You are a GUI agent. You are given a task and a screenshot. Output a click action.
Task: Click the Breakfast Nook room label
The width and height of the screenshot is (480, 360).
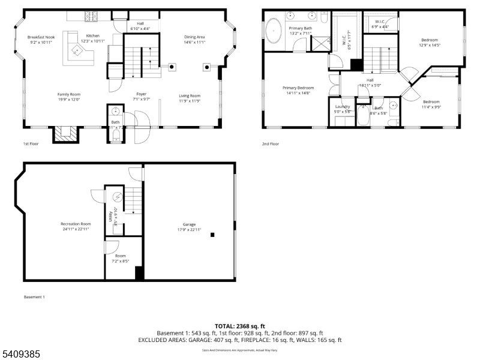coord(41,37)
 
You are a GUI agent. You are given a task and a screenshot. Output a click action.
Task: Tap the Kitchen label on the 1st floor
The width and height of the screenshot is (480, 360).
coord(92,36)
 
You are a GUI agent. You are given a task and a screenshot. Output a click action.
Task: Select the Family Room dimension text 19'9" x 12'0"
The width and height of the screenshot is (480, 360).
coord(68,100)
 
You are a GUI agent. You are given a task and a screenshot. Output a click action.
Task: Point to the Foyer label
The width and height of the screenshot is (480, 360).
coord(141,94)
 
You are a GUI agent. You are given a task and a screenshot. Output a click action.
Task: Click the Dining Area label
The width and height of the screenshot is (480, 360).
coord(194,37)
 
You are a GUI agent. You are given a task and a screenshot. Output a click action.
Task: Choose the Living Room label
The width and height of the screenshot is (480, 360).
coord(190,95)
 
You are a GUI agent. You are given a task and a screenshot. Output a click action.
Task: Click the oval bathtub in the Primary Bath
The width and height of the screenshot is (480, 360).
coord(274,29)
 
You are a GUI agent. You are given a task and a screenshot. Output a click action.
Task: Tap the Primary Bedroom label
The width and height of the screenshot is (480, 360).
coord(298,88)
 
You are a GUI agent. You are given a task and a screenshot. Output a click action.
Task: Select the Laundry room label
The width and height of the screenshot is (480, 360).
coord(342,106)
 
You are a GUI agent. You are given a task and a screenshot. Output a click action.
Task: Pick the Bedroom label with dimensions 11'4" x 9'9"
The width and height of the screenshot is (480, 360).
coord(431,101)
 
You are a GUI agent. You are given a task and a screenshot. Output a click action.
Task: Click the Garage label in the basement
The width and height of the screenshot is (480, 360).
coord(188,224)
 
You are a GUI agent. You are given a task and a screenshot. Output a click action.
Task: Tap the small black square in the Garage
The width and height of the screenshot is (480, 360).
coord(212,235)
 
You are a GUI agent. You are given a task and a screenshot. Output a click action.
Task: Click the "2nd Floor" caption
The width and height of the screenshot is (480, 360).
coord(271,144)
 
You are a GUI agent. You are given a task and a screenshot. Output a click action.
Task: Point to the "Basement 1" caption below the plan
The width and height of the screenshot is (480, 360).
coord(34,297)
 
